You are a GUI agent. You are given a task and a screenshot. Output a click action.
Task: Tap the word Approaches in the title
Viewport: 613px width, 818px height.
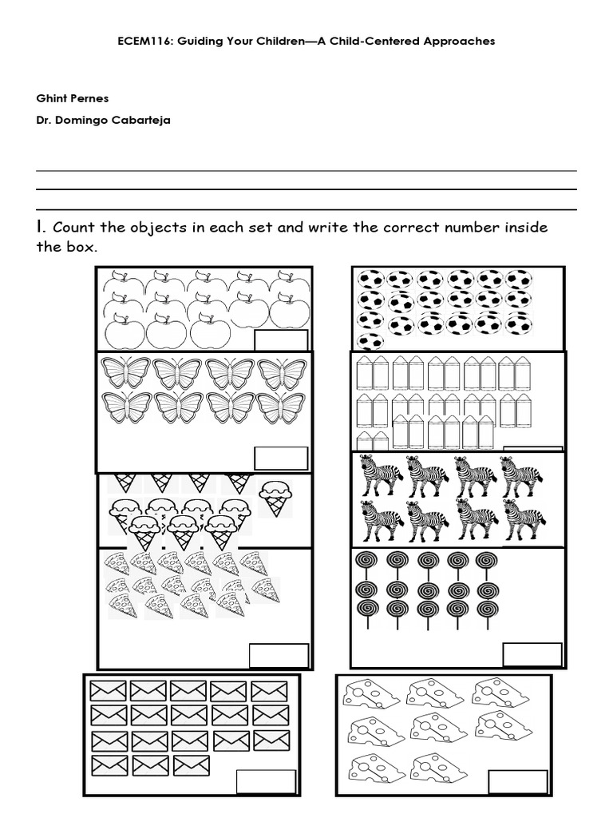(x=458, y=41)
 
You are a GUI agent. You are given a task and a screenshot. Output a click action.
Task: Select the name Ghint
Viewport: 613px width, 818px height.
(x=52, y=98)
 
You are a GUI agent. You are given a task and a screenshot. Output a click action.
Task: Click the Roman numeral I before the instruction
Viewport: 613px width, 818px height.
(x=41, y=228)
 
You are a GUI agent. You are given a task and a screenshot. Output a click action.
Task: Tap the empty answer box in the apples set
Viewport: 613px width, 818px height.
(x=281, y=340)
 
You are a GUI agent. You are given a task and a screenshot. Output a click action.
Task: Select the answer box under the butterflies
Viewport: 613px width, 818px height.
(x=281, y=459)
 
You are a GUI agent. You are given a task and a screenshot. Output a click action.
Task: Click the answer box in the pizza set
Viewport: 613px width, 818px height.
(x=279, y=654)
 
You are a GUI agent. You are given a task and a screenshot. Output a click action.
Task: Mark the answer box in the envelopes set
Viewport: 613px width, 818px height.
(x=267, y=781)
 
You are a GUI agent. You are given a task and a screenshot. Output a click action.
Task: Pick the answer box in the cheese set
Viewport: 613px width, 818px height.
(x=518, y=781)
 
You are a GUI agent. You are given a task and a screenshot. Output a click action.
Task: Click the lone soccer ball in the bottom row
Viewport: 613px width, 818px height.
(x=370, y=341)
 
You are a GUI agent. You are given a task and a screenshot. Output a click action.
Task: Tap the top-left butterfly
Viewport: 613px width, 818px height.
(x=125, y=373)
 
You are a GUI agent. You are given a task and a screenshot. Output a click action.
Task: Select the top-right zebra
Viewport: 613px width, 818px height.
(x=521, y=475)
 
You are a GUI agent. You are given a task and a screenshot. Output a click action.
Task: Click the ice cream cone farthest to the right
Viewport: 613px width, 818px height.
(x=274, y=495)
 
